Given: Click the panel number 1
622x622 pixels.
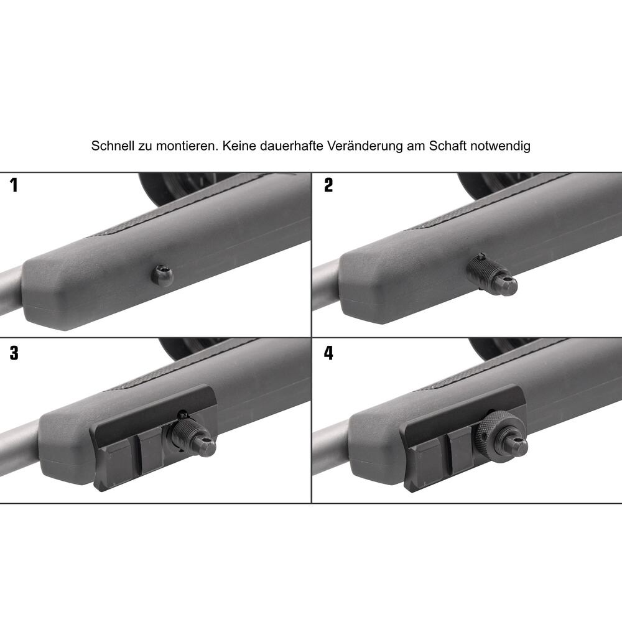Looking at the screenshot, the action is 14,185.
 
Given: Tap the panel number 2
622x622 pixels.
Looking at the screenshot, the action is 328,185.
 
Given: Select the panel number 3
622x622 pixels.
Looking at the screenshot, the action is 14,353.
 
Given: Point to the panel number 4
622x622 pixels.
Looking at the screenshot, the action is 328,353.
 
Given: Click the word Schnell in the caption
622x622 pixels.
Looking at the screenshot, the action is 113,146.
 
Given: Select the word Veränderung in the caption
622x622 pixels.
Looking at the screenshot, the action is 365,146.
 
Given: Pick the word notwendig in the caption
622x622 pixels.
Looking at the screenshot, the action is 500,146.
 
